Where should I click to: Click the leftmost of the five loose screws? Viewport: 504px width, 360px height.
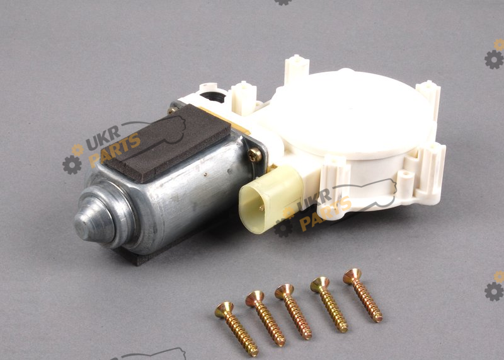click(236, 328)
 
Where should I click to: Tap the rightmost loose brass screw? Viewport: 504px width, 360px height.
click(363, 295)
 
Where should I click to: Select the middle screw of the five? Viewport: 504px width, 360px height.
click(293, 311)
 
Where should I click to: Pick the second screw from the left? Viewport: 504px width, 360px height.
click(265, 318)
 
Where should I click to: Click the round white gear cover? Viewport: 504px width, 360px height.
click(350, 113)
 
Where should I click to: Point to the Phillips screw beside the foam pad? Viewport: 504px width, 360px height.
click(255, 155)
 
